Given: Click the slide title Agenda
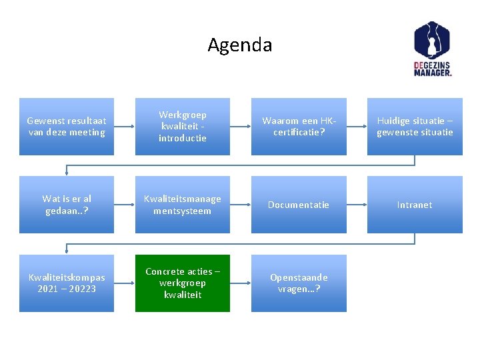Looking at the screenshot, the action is (x=240, y=45).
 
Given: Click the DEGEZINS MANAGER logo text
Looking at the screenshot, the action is (x=432, y=69).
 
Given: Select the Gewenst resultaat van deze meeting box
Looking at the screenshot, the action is (x=67, y=127).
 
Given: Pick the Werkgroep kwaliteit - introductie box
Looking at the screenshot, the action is (x=182, y=127).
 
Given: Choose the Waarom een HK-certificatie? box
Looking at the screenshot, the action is (x=299, y=127).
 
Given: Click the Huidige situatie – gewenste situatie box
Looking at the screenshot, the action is (x=415, y=127).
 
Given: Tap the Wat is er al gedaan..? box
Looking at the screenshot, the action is (x=67, y=205).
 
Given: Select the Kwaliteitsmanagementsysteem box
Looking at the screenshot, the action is (x=182, y=205).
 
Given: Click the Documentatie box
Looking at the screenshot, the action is (x=299, y=205).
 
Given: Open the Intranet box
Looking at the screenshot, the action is (x=415, y=205).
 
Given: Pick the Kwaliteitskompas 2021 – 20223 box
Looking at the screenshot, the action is (x=67, y=283).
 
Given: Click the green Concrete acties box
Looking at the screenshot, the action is (x=182, y=283).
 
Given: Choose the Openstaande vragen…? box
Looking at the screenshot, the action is (x=299, y=283).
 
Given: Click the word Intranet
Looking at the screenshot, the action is (x=415, y=205).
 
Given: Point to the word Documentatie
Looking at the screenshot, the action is (x=299, y=205).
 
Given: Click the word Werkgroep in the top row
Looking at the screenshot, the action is (x=182, y=115).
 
